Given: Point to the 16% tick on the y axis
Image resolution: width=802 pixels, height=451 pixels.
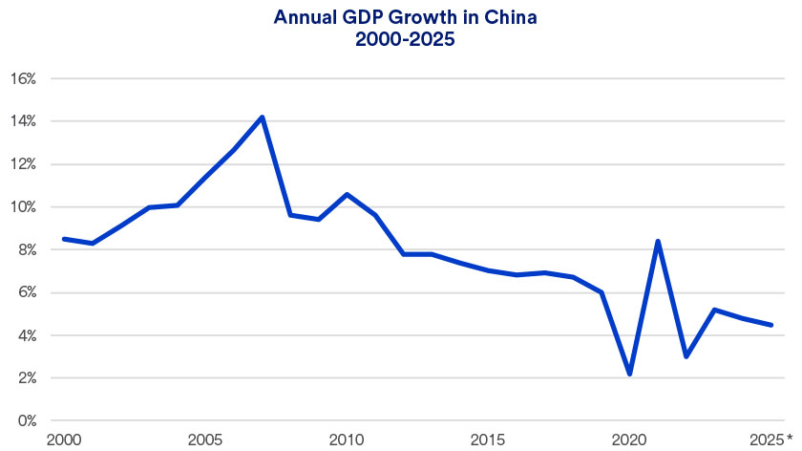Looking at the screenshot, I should click(22, 78).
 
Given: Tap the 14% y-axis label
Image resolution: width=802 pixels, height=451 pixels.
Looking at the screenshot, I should click(22, 121).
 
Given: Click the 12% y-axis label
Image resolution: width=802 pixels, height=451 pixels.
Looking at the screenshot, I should click(22, 164).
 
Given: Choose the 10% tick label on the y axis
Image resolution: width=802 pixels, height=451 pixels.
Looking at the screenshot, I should click(22, 207).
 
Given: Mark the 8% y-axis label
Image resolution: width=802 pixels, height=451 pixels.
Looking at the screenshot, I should click(25, 250).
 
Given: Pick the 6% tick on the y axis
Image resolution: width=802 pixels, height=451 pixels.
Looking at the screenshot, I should click(25, 293).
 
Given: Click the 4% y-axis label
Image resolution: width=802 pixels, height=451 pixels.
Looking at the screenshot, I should click(25, 336).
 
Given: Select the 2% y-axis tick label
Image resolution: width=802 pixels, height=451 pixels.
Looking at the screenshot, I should click(25, 378).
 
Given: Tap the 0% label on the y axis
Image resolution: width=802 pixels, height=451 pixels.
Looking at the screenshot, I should click(25, 420).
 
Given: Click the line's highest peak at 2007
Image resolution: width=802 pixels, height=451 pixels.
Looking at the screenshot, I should click(262, 117).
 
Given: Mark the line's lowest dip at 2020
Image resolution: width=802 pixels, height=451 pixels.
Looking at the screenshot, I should click(629, 374).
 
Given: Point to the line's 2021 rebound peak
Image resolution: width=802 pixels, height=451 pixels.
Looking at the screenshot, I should click(658, 241).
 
